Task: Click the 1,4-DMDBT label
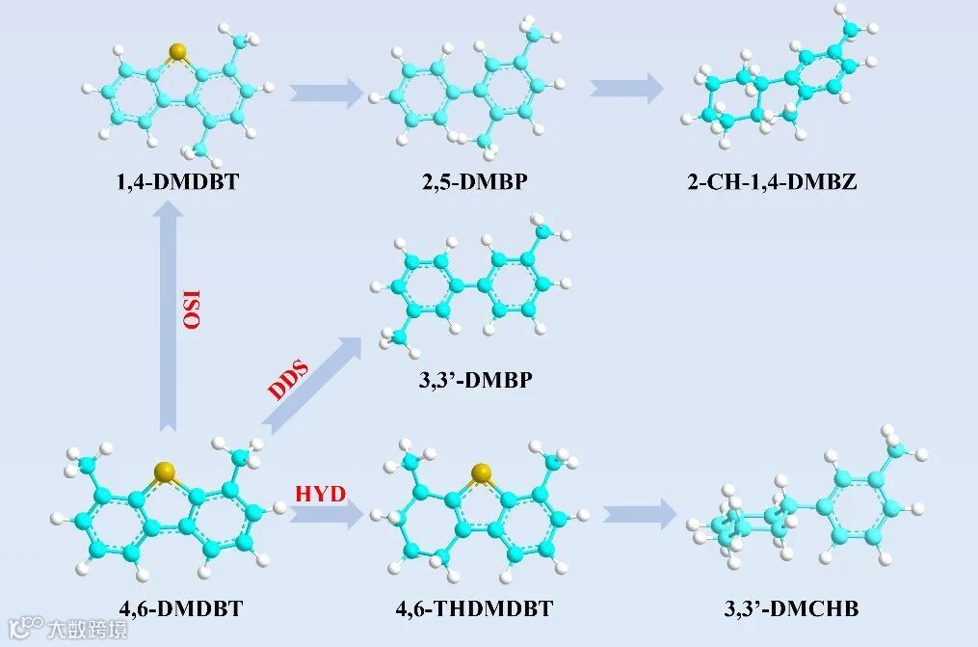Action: pos(179,180)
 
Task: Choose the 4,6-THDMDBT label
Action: pos(474,608)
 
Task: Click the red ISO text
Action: pos(193,309)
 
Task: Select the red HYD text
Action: pos(321,495)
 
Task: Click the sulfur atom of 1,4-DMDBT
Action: pos(175,50)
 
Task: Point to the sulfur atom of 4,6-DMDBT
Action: pos(168,472)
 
